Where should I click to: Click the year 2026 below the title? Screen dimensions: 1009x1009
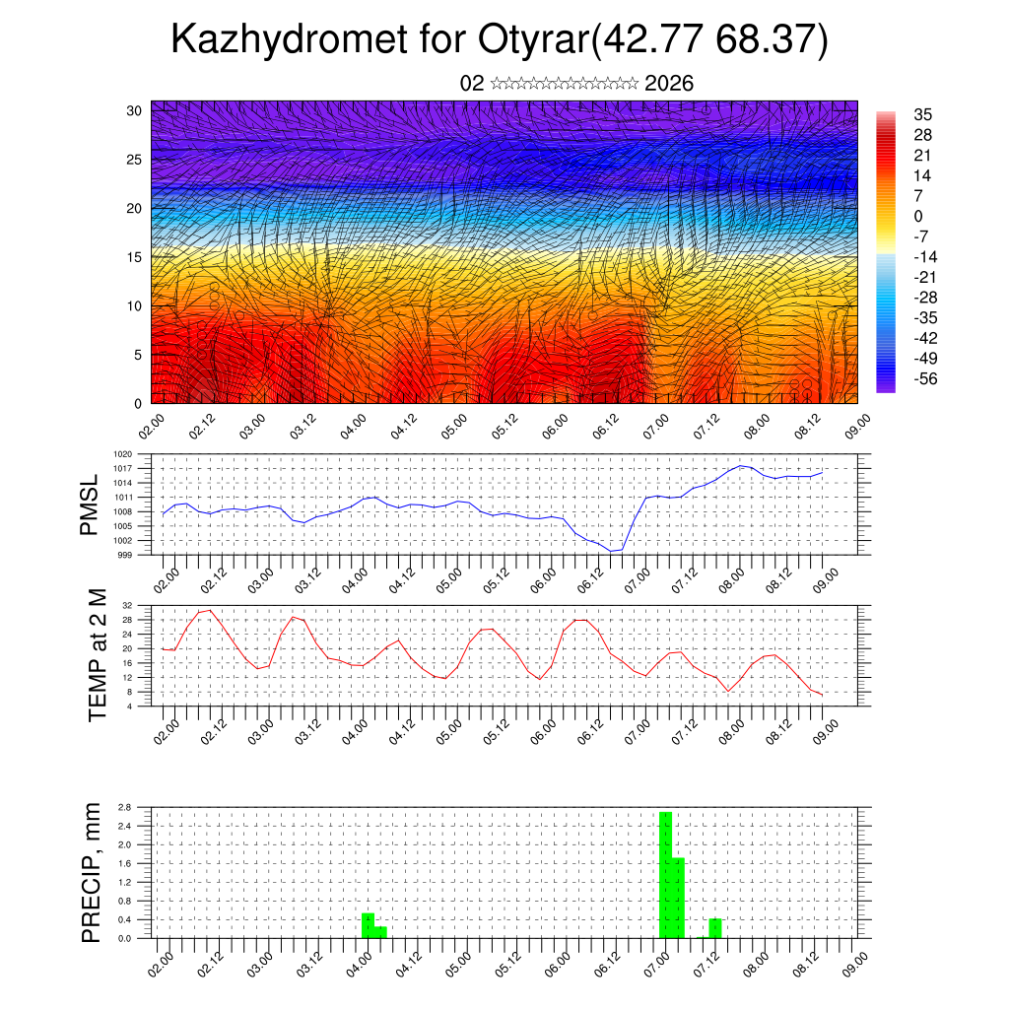tap(669, 84)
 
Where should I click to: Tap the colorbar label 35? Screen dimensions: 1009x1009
tap(923, 114)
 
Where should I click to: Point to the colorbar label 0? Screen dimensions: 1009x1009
tap(918, 216)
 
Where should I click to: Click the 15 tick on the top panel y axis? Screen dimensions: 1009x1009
tap(135, 257)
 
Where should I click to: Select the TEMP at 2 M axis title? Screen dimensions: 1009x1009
tap(97, 655)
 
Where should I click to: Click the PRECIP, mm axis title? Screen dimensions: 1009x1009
tap(92, 872)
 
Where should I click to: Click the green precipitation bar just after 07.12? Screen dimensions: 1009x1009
tap(715, 928)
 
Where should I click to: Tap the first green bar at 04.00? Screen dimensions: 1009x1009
tap(368, 925)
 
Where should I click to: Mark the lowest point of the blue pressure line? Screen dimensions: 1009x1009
tap(613, 551)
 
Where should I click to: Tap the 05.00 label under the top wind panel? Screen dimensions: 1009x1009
tap(454, 427)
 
